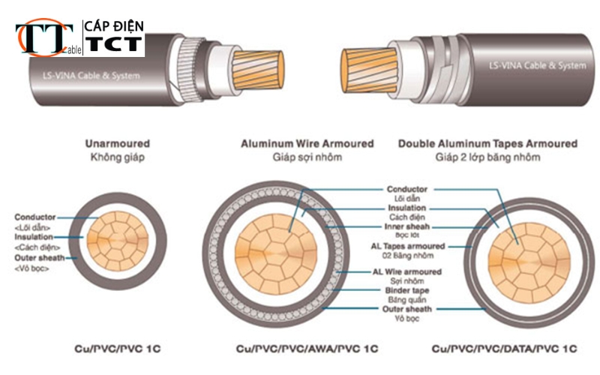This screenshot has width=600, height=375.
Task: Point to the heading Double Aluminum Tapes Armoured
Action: [487, 143]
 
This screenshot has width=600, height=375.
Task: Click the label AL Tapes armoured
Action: [406, 246]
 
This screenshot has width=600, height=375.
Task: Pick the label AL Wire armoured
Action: [406, 271]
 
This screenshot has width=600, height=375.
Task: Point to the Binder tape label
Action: [406, 289]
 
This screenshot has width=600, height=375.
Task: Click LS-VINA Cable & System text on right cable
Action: [536, 66]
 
